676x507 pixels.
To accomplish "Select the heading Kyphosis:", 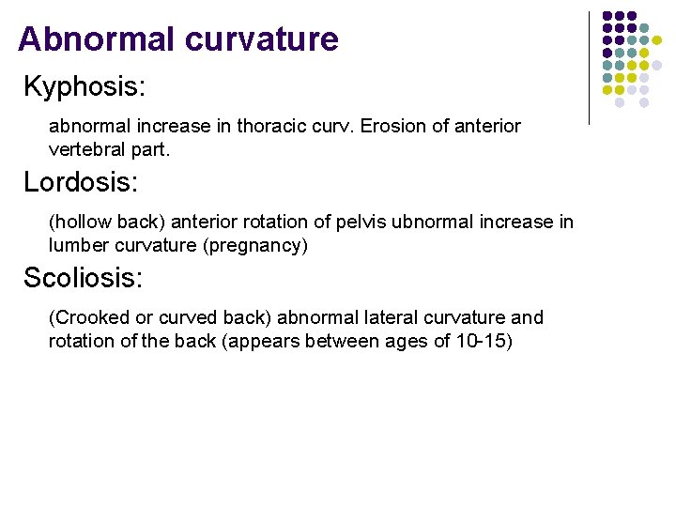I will (84, 87).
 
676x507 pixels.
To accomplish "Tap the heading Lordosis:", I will (81, 182).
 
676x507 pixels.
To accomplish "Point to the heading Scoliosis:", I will (83, 278).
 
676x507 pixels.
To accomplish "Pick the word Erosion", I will (402, 126).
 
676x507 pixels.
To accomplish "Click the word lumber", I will (79, 245).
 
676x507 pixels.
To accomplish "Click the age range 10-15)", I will (484, 341).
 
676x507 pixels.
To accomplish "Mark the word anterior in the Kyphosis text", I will (484, 126).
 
